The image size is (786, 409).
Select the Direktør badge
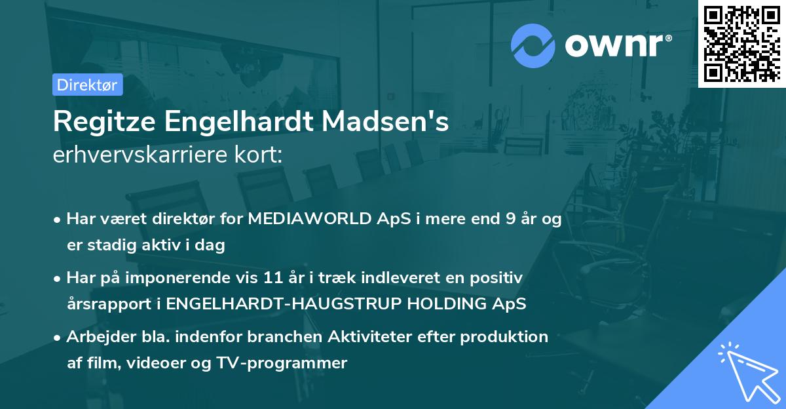[x=87, y=85]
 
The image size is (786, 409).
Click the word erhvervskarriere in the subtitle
[x=130, y=156]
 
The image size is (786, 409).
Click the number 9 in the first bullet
[x=509, y=220]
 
